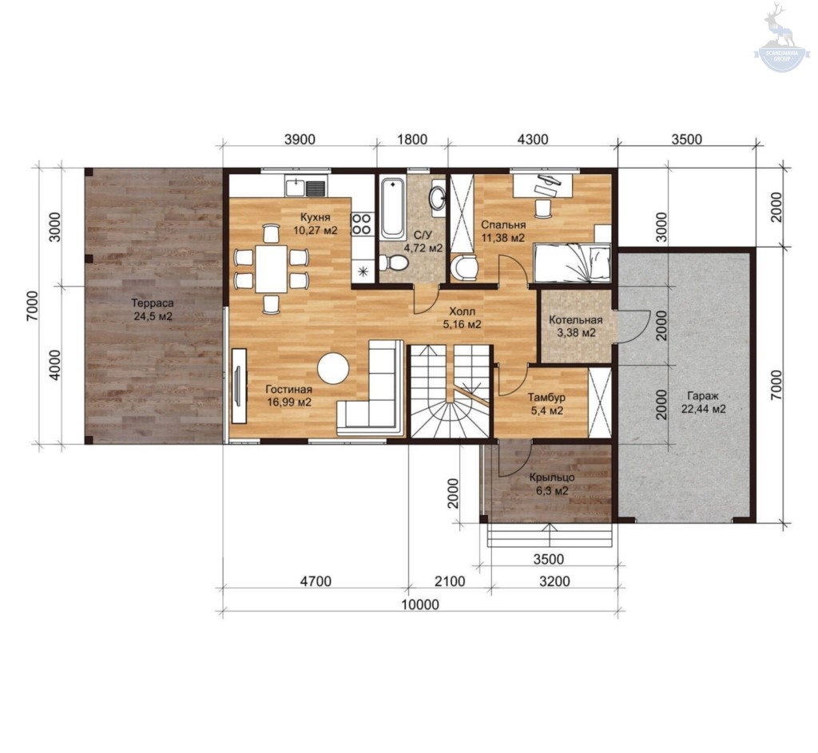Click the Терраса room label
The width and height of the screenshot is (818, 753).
(x=153, y=310)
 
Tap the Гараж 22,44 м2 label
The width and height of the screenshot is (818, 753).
(x=703, y=402)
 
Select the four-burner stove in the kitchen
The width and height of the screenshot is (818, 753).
(x=361, y=224)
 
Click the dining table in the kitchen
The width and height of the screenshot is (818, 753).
(x=272, y=268)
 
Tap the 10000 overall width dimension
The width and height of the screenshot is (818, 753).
(x=420, y=604)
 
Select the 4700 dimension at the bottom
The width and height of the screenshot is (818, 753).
(x=316, y=581)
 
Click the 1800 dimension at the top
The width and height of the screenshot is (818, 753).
(x=412, y=139)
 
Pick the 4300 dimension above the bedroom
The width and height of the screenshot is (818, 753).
(x=533, y=139)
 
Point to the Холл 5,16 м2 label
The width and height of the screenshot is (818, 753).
(x=462, y=318)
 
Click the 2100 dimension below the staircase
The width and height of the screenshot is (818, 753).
(x=450, y=581)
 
